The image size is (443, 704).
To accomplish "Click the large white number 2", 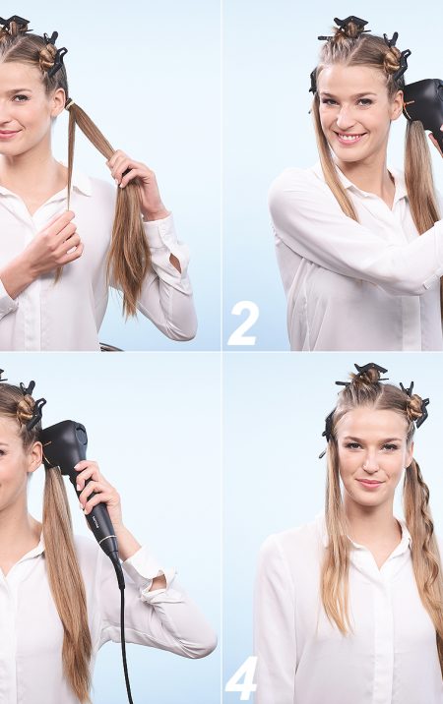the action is pos(243,323).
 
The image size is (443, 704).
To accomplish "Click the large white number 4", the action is pos(241,678).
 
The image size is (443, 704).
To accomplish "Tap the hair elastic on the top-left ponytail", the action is pos(70,104).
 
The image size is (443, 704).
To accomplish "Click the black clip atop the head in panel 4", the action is pos(363,374).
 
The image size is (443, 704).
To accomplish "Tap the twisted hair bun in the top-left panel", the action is pos(47,57).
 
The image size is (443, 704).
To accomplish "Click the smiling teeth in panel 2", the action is pos(349,136).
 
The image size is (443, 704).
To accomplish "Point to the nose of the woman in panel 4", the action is pos(371,465).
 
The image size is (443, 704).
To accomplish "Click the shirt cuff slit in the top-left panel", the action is pos(175,264).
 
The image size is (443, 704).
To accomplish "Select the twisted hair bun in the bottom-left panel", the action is pos(26,409).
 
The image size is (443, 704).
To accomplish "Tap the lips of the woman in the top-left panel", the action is pos(9,134).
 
